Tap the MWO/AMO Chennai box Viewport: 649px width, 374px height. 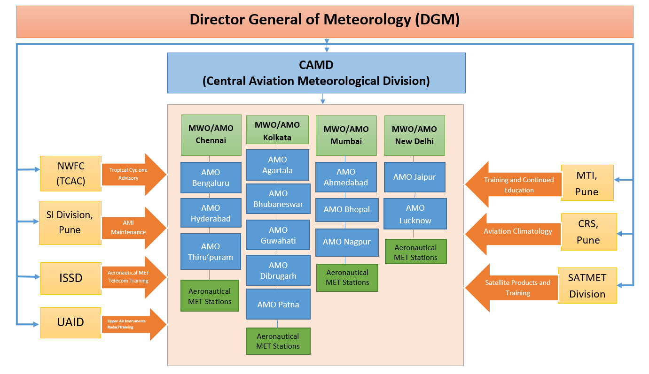(211, 135)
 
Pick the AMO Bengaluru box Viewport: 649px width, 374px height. (211, 177)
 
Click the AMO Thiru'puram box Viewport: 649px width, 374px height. (211, 252)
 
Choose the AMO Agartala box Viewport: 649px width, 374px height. (278, 165)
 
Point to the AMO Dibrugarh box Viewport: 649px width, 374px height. (278, 270)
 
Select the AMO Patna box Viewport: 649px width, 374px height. (278, 305)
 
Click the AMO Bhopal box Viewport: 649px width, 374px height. (346, 209)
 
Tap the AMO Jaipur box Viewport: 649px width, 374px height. (414, 177)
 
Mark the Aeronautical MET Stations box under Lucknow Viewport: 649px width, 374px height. (415, 252)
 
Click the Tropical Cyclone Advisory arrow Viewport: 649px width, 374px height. (132, 174)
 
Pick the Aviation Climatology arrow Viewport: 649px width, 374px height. (515, 231)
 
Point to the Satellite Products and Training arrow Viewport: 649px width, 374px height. (515, 288)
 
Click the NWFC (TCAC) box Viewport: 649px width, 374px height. (70, 174)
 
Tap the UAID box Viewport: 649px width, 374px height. (70, 322)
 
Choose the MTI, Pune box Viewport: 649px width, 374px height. (587, 183)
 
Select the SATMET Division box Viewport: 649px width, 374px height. (587, 285)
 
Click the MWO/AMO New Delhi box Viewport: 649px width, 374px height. (414, 135)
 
